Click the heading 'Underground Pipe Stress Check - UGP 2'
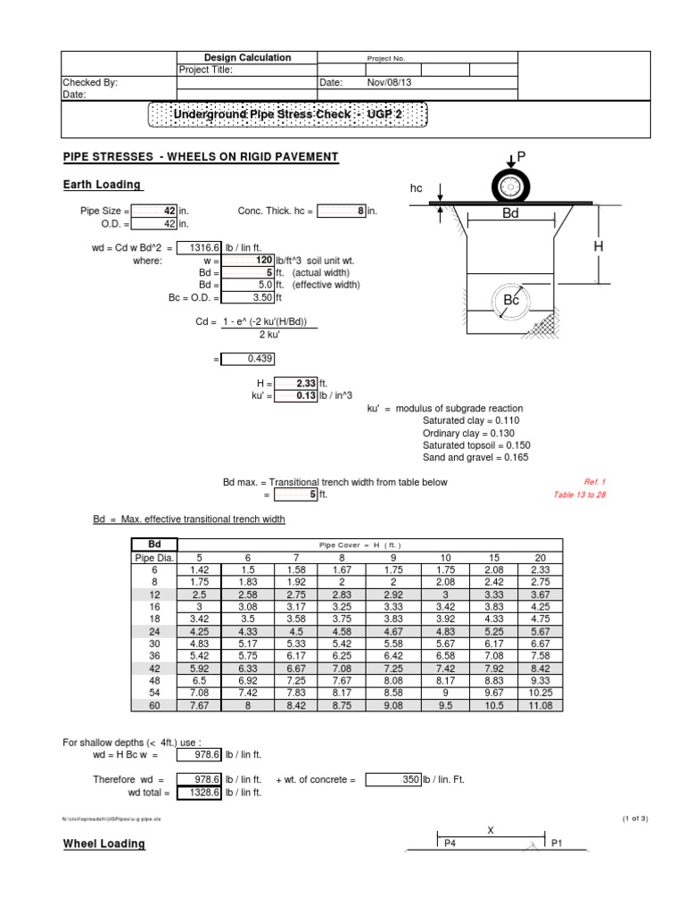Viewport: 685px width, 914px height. pyautogui.click(x=287, y=115)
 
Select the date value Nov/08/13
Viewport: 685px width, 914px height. pyautogui.click(x=391, y=82)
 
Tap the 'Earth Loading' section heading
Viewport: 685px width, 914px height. pyautogui.click(x=102, y=185)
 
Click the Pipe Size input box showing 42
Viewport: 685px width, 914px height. pyautogui.click(x=154, y=212)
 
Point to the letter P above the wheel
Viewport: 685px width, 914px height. pyautogui.click(x=522, y=157)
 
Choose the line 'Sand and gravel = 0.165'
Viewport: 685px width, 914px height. pyautogui.click(x=475, y=458)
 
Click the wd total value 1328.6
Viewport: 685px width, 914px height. pyautogui.click(x=198, y=792)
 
